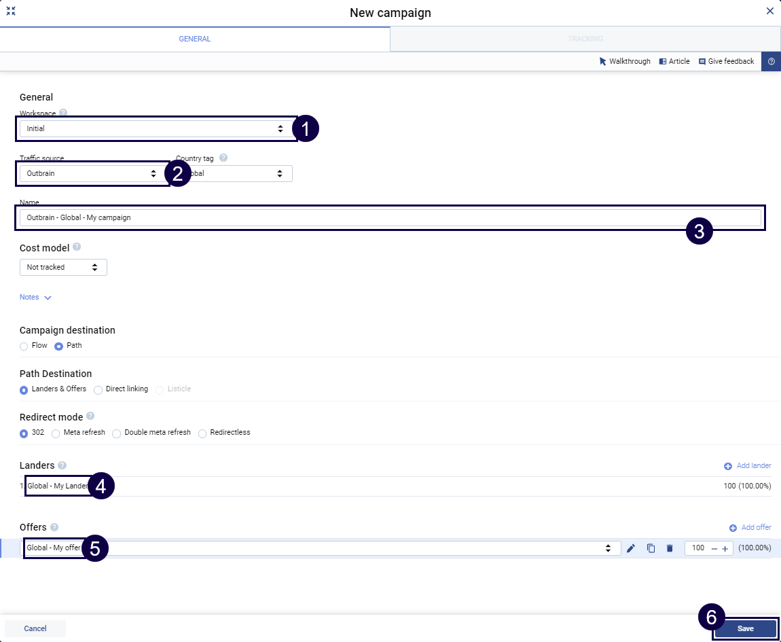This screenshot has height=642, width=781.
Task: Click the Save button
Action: pos(745,628)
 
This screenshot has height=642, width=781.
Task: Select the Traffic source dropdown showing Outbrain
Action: pos(91,173)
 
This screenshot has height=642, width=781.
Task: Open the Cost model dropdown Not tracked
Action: pos(63,267)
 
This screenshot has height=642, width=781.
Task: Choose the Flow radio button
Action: pos(24,346)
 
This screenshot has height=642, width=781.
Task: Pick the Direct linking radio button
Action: pos(98,389)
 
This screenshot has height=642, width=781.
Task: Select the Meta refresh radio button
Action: pos(56,433)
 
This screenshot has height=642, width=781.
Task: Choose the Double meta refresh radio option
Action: pos(117,433)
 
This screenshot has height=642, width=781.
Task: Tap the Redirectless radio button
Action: pos(202,433)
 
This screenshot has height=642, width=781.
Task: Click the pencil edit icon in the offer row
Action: pos(631,548)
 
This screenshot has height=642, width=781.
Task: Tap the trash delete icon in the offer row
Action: pos(670,548)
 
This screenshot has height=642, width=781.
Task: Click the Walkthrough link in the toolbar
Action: pos(625,61)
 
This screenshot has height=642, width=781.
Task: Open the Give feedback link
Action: pos(726,61)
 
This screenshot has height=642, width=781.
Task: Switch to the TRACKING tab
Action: pos(585,39)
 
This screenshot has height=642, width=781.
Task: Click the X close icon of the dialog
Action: pos(769,11)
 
